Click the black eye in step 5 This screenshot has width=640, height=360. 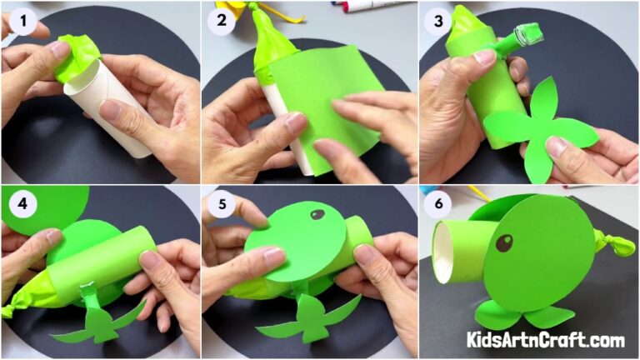pyautogui.click(x=317, y=215)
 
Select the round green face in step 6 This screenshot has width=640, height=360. pyautogui.click(x=529, y=254)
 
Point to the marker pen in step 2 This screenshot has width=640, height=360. pyautogui.click(x=367, y=7)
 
